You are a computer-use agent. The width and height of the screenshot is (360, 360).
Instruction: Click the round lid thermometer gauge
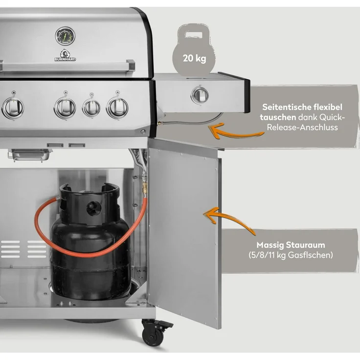tap(65, 36)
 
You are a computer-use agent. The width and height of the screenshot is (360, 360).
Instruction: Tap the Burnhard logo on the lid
tap(65, 55)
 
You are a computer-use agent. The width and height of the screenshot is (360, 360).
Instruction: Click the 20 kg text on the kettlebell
tap(195, 58)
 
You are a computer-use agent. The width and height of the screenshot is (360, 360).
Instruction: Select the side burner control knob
tap(200, 95)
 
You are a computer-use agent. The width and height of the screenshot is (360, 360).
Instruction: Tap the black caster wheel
tap(154, 336)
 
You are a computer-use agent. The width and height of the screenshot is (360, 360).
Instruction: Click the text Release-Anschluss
tap(302, 128)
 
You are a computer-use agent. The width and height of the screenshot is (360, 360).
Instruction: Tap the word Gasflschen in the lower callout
tap(310, 255)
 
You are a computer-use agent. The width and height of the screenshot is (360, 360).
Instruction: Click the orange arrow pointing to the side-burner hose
tap(236, 132)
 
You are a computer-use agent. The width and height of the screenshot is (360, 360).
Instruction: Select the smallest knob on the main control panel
tap(91, 108)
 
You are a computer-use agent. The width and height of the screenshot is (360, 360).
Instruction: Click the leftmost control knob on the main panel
tap(13, 108)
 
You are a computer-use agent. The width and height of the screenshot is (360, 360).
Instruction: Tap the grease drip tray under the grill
tap(29, 155)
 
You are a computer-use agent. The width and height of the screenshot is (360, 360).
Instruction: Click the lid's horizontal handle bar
tap(67, 67)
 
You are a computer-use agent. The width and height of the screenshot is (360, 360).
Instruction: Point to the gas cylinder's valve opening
tap(93, 208)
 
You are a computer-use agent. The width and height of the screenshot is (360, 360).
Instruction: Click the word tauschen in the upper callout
tap(278, 117)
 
